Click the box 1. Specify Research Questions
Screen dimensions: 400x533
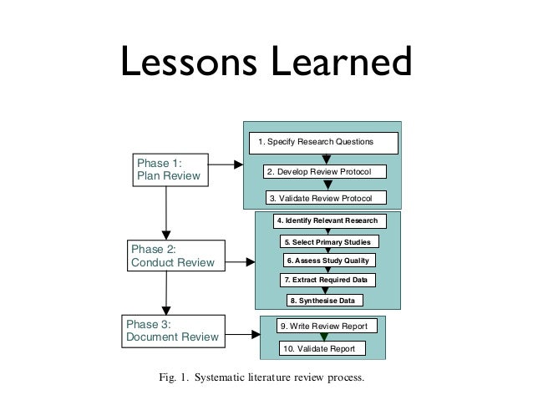[320, 143]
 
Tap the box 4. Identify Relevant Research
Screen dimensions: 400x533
[327, 221]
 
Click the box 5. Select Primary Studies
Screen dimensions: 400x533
[327, 241]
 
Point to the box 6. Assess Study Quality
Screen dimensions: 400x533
[327, 260]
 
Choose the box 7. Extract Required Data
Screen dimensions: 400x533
[327, 279]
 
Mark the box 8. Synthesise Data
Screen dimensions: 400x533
[326, 299]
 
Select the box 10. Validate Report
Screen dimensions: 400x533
[322, 348]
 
